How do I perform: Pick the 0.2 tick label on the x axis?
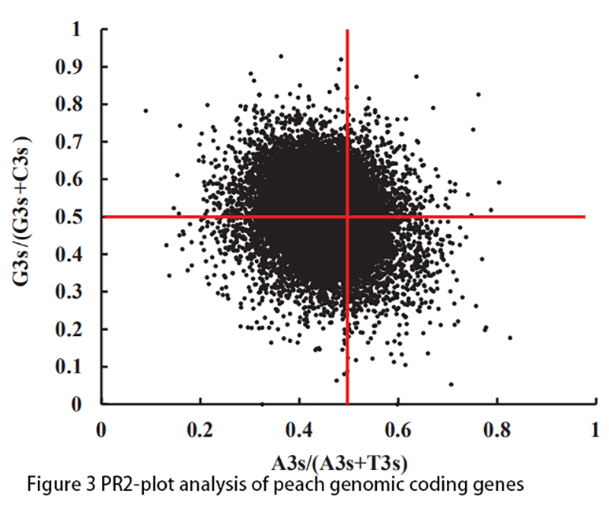(200, 428)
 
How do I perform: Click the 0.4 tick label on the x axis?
(299, 428)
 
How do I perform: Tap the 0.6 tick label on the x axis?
(397, 428)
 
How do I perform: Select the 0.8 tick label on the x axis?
(496, 428)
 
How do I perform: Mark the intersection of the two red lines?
(348, 216)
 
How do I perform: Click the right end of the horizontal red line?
(584, 216)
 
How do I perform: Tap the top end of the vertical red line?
(348, 30)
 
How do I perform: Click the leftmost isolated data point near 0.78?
(145, 110)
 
